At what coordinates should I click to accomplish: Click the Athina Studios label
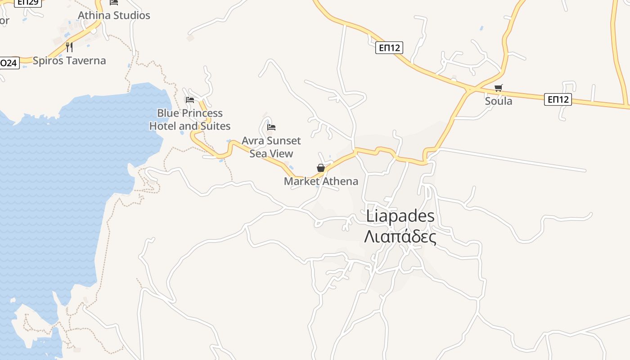114,15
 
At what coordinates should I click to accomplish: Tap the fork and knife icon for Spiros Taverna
69,47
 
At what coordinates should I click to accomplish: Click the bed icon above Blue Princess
189,100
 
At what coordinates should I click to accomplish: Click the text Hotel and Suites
189,126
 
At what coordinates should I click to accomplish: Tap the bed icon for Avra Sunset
271,127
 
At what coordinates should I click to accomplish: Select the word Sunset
283,141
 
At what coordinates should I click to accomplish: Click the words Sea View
271,153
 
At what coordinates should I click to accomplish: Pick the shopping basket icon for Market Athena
321,168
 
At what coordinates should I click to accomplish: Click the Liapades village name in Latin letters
400,216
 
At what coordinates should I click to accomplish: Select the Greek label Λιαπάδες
400,236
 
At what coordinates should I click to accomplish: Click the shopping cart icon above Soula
498,88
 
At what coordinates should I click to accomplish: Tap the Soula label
498,101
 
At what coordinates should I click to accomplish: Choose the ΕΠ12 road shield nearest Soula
558,99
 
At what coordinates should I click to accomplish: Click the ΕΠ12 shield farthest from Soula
389,48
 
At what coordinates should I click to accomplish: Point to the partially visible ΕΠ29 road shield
28,2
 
